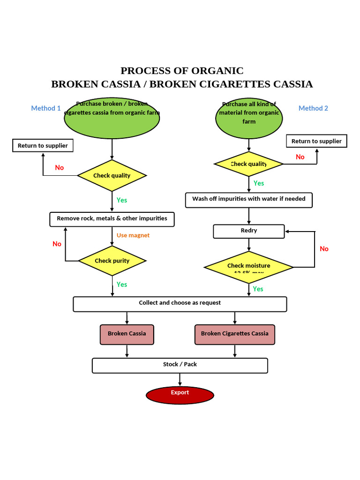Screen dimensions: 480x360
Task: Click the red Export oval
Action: [x=180, y=395]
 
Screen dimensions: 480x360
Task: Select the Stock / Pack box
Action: [x=180, y=365]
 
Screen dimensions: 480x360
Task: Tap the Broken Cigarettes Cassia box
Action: [x=234, y=334]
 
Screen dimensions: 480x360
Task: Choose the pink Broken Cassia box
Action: [x=127, y=334]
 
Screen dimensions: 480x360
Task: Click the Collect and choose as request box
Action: [x=180, y=304]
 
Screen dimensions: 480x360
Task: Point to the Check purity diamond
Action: [x=112, y=261]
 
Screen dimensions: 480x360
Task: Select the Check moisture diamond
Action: [x=249, y=267]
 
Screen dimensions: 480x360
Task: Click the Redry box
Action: [x=249, y=231]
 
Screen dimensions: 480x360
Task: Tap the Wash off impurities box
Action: [x=249, y=200]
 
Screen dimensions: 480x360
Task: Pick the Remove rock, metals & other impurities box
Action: [x=112, y=219]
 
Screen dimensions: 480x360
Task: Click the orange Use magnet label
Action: [x=133, y=235]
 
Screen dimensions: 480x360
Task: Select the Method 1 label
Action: [x=46, y=108]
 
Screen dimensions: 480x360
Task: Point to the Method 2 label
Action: [x=313, y=108]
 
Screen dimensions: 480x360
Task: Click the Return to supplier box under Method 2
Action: [x=316, y=141]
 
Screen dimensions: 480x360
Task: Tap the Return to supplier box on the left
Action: [x=43, y=146]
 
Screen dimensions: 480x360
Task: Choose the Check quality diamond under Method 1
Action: [x=112, y=175]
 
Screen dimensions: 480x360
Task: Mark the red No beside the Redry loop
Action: [x=324, y=249]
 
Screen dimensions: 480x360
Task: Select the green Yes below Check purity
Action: [x=122, y=285]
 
